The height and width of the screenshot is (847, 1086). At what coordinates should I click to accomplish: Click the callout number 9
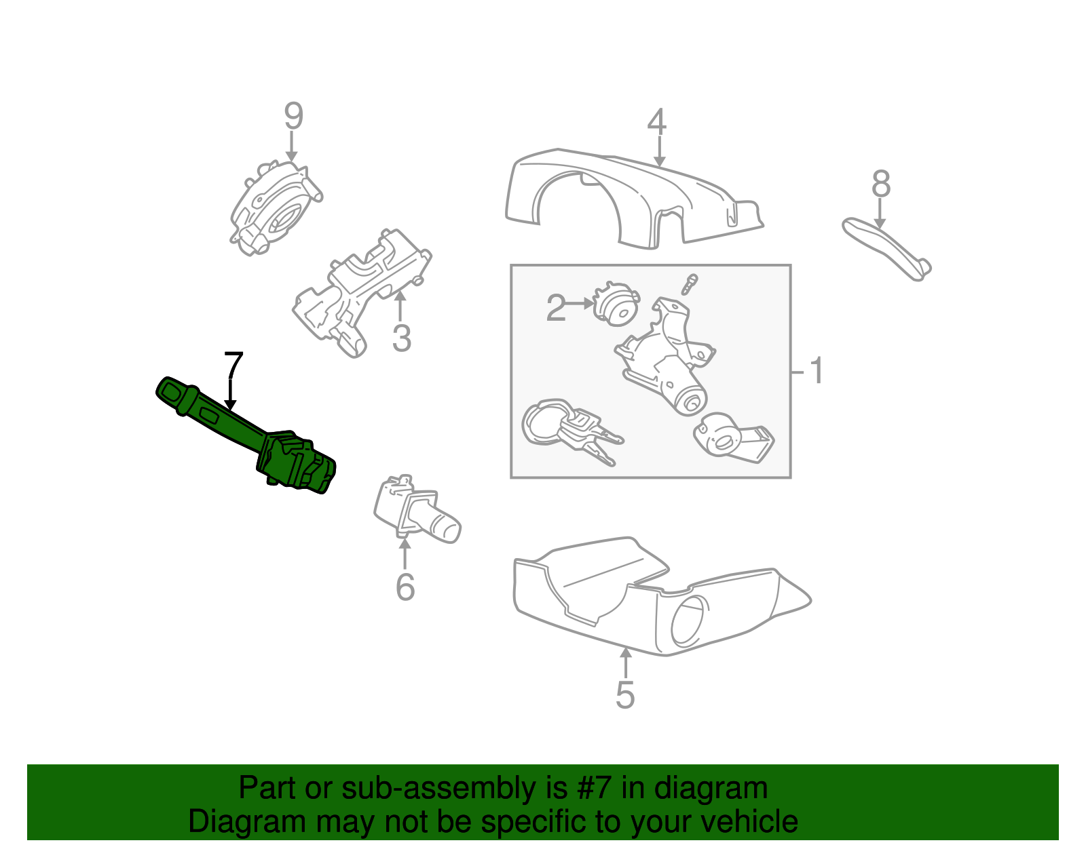tap(293, 117)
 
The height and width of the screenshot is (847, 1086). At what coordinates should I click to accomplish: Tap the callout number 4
tap(656, 123)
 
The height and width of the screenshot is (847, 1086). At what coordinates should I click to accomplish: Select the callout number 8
tap(880, 184)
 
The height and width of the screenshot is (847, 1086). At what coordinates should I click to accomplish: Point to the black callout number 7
tap(233, 366)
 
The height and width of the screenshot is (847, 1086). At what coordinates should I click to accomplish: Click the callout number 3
tap(401, 338)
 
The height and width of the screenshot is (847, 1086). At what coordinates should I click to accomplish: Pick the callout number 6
tap(405, 587)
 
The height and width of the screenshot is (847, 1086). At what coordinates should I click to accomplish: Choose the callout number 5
tap(624, 695)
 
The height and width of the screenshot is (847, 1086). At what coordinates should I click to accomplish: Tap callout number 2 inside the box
tap(555, 309)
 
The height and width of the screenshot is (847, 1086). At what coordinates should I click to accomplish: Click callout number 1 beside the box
tap(817, 371)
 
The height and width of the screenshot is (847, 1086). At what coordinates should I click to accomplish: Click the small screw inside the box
tap(690, 284)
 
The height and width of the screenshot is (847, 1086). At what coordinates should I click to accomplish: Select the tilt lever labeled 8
tap(886, 248)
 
